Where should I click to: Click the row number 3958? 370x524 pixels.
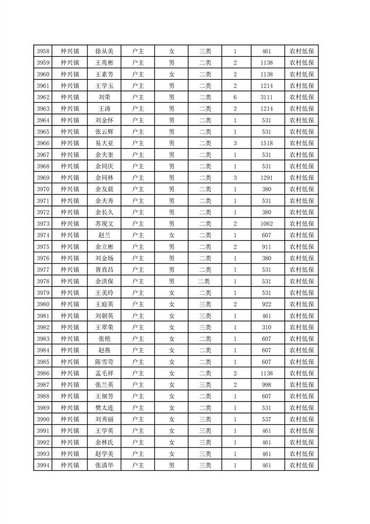(x=43, y=51)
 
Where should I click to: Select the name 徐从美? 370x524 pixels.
(x=104, y=51)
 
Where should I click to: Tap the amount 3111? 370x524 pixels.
(x=267, y=97)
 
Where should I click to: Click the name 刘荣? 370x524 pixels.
(x=104, y=97)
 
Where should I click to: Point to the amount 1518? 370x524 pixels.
(x=267, y=143)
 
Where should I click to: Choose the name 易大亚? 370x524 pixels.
(x=104, y=143)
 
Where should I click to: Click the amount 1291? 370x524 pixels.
(x=267, y=178)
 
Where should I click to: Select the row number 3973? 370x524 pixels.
(x=43, y=224)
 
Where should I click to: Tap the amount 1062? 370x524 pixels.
(x=267, y=224)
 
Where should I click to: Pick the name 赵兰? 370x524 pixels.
(x=104, y=235)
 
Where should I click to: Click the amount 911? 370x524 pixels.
(x=267, y=247)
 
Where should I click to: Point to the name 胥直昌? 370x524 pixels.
(x=104, y=269)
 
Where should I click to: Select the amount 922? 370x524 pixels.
(x=267, y=304)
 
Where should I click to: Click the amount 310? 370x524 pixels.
(x=267, y=327)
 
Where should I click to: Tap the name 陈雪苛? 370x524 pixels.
(x=104, y=362)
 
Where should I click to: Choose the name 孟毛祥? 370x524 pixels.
(x=104, y=373)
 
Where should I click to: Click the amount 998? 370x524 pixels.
(x=267, y=385)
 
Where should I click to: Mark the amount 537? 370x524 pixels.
(x=267, y=419)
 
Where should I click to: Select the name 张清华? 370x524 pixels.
(x=104, y=465)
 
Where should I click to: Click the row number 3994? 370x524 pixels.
(x=43, y=465)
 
